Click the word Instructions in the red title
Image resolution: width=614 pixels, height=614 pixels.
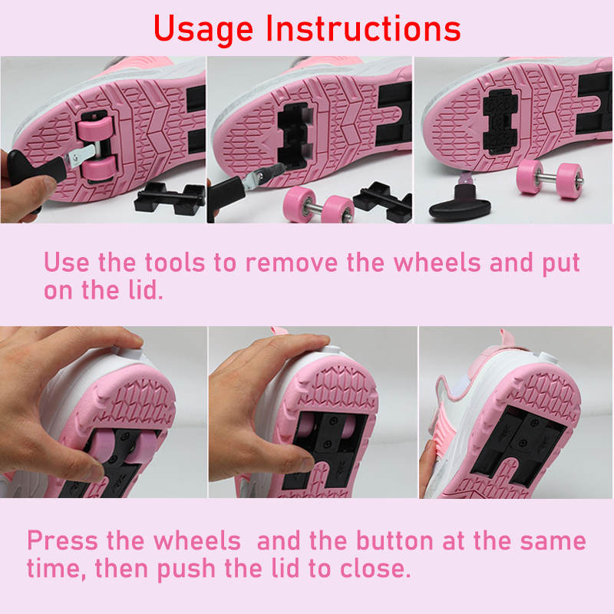(363, 28)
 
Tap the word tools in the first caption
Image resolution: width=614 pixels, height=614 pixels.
(175, 262)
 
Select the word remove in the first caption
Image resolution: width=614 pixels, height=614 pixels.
(292, 263)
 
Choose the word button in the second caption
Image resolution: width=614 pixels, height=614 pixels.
(394, 541)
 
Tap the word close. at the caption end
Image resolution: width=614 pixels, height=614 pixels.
(375, 568)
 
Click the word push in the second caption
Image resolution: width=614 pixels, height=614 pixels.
(186, 569)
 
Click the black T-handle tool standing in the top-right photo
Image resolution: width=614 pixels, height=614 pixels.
(460, 202)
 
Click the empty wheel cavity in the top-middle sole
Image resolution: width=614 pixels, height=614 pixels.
(294, 136)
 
